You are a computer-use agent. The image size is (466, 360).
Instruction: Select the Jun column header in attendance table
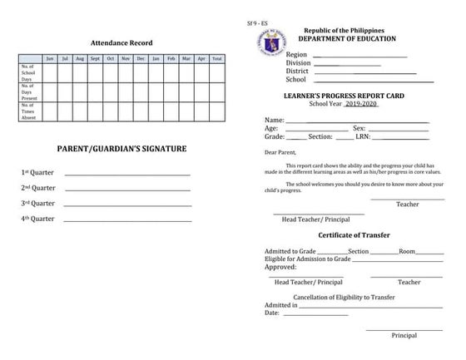50,59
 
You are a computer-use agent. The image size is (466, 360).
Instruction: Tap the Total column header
216,59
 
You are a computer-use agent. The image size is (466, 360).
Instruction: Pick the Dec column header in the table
141,59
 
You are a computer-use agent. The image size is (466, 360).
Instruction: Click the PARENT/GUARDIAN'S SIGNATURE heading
121,149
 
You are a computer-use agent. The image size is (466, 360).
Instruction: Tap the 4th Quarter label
37,219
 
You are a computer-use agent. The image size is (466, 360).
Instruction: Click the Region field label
296,55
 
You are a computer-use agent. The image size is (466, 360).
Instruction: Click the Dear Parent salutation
280,153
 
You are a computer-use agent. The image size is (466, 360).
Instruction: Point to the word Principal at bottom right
404,335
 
